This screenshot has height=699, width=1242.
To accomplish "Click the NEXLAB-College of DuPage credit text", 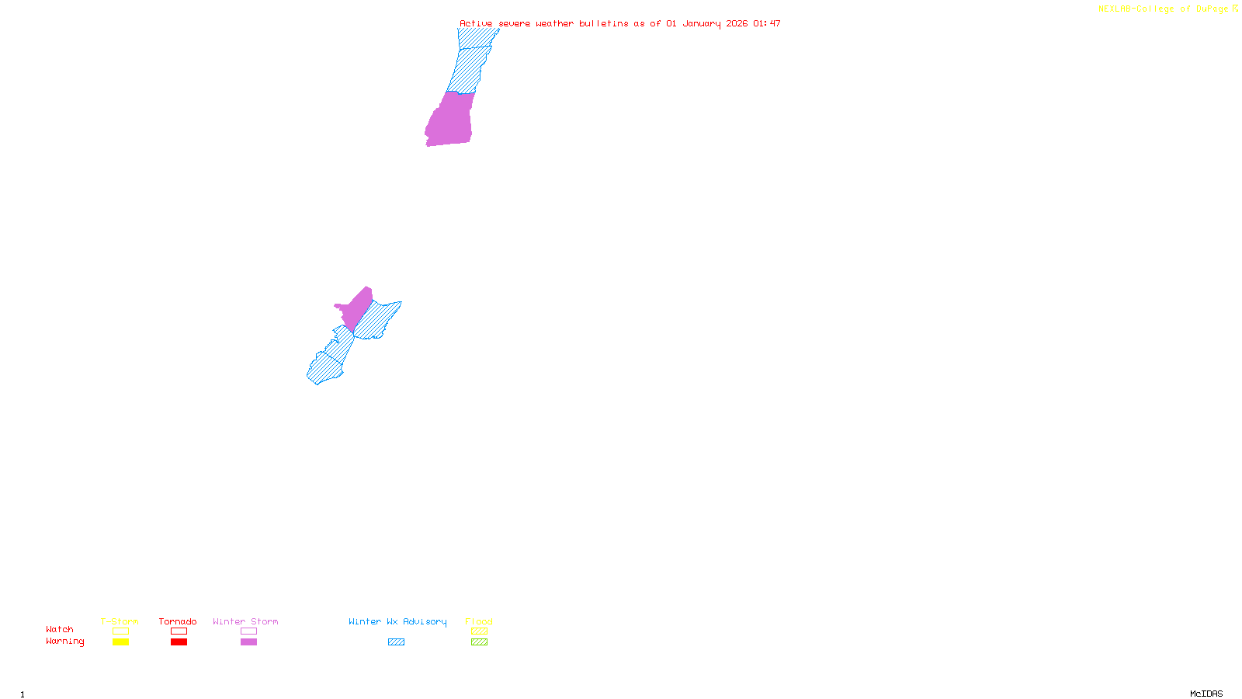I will [x=1164, y=9].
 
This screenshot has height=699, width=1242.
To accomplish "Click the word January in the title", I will [x=702, y=23].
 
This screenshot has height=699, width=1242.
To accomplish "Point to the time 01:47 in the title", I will [x=767, y=23].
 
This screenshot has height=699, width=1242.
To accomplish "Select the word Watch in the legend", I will [x=60, y=629].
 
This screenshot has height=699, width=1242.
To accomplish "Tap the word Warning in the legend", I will [x=64, y=642].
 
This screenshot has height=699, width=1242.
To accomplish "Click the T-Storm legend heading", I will [x=120, y=621].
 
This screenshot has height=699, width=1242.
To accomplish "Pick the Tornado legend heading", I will [x=178, y=621].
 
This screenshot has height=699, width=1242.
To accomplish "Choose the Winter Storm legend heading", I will [x=245, y=621].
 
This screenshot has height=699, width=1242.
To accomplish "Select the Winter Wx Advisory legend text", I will [x=397, y=621].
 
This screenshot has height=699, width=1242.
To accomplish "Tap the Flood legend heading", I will [x=479, y=621].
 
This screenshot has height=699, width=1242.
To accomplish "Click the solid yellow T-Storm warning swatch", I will [x=120, y=642].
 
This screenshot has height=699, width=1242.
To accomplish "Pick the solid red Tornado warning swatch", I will [x=179, y=642].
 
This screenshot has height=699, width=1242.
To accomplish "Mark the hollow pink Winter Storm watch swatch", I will [x=248, y=631].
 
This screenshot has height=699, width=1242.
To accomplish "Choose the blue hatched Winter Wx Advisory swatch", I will [x=396, y=642].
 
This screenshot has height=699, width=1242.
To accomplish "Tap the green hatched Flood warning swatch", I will [x=479, y=642].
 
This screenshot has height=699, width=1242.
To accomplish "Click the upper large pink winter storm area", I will [x=450, y=120].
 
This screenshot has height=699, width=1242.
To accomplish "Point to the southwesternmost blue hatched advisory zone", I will [x=323, y=370].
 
